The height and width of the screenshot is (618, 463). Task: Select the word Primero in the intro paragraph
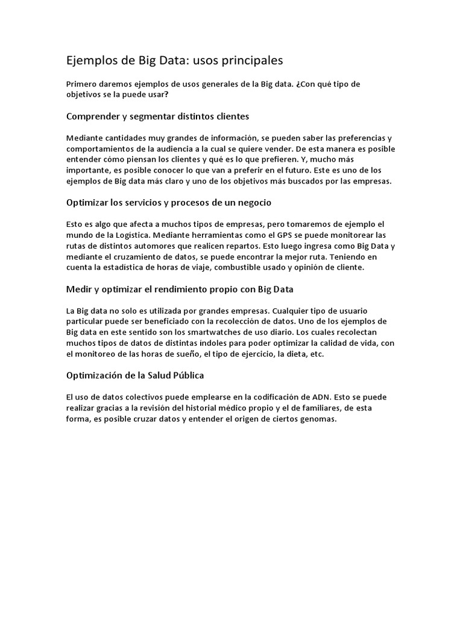pyautogui.click(x=82, y=84)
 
